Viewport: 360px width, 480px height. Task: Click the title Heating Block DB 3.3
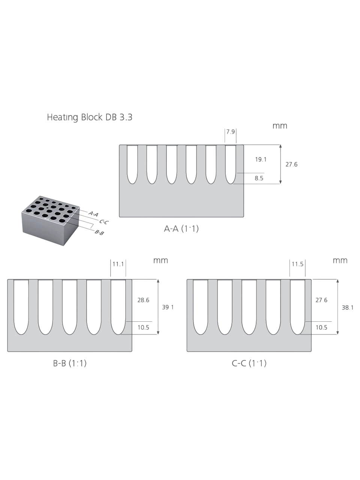[x=90, y=117]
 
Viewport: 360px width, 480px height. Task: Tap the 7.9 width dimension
[x=230, y=132]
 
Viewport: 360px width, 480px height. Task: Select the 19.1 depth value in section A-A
[x=261, y=159]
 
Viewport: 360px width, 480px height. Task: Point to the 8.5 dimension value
[x=259, y=178]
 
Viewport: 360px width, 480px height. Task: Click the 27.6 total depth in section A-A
[x=291, y=164]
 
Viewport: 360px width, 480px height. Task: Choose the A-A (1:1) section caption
[x=181, y=229]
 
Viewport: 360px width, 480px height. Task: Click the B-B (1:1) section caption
[x=70, y=363]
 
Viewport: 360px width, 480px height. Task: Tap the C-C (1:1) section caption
[x=249, y=363]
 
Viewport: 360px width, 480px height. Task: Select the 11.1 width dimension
[x=118, y=264]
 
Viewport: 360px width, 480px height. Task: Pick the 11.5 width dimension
[x=297, y=264]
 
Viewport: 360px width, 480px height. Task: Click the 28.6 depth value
[x=143, y=300]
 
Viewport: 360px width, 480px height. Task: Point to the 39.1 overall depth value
[x=168, y=307]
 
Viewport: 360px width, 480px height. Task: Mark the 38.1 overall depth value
[x=348, y=307]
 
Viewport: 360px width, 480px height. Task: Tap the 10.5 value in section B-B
[x=143, y=327]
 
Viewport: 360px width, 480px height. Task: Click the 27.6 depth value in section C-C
[x=321, y=300]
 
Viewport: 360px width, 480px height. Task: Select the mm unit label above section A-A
[x=280, y=126]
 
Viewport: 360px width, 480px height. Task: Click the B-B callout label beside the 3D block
[x=99, y=232]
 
